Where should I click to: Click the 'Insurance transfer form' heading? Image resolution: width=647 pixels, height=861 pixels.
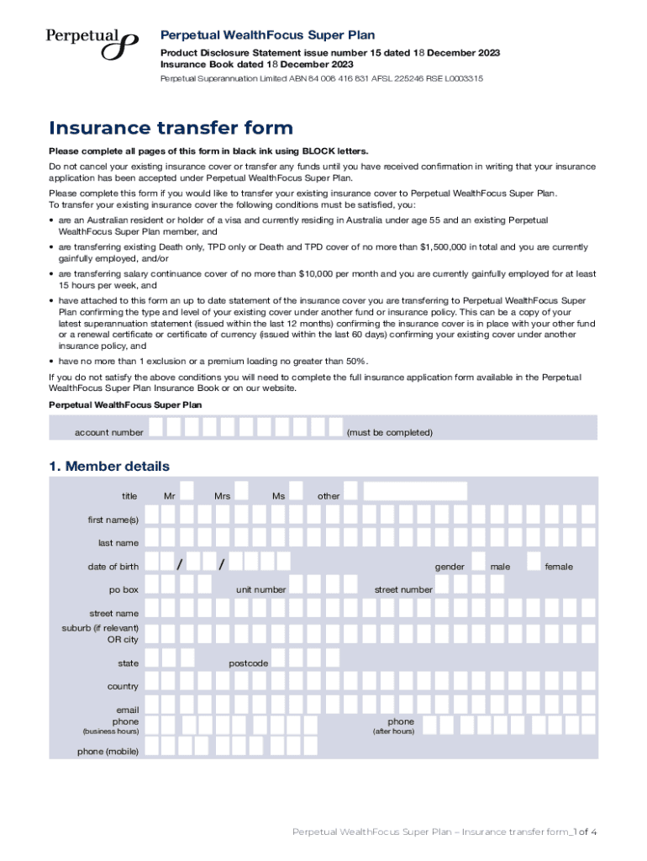coord(171,129)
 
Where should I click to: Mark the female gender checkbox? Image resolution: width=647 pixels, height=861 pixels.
coord(532,562)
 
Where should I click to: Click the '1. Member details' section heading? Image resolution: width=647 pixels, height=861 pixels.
coord(109,467)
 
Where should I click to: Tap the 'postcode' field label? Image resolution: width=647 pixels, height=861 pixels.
coord(249,663)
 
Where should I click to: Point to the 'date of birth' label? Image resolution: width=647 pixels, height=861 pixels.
coord(113,567)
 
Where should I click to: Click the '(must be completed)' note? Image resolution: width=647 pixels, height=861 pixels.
coord(389,433)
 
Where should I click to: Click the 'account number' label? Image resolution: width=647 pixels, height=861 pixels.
coord(109,433)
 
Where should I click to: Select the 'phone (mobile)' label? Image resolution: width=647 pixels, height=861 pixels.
coord(108,751)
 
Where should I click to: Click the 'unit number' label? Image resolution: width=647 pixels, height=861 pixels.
coord(260,589)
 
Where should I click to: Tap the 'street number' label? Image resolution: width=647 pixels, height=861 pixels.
coord(403,589)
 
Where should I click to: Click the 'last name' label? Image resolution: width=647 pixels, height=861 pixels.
coord(118,543)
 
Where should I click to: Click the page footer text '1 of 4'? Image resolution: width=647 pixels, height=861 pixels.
coord(584,832)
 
